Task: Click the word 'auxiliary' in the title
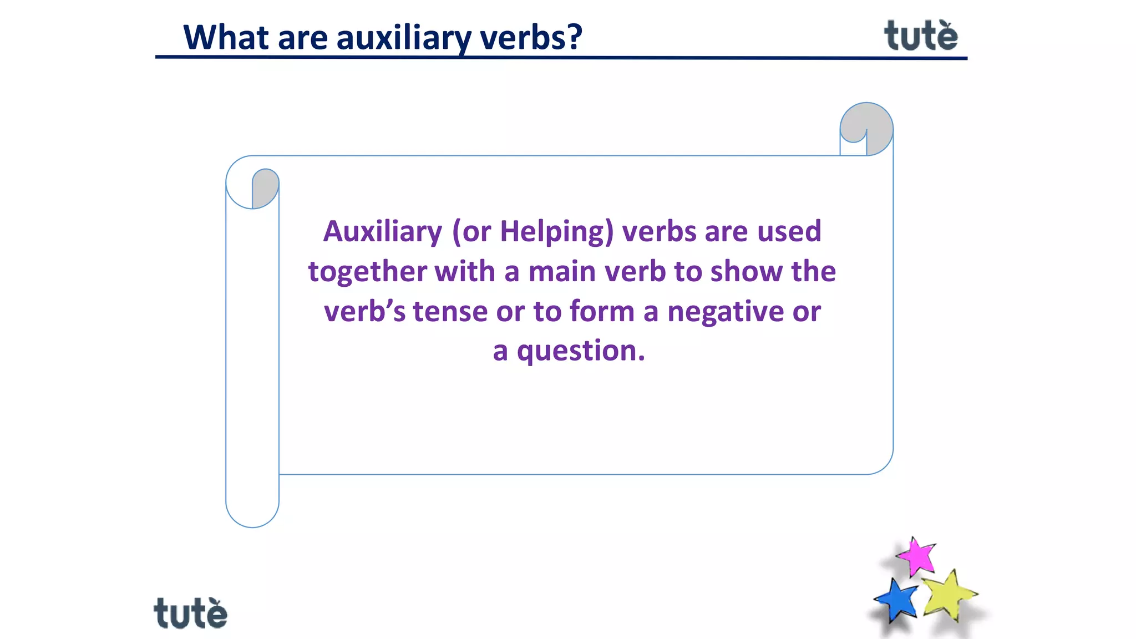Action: (404, 38)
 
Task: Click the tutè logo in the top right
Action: (921, 35)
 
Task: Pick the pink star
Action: (916, 556)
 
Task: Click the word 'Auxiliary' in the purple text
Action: (383, 231)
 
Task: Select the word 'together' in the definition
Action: (368, 272)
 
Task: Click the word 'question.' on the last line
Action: (581, 351)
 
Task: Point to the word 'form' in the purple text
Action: (602, 311)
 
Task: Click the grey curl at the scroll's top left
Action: (265, 187)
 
